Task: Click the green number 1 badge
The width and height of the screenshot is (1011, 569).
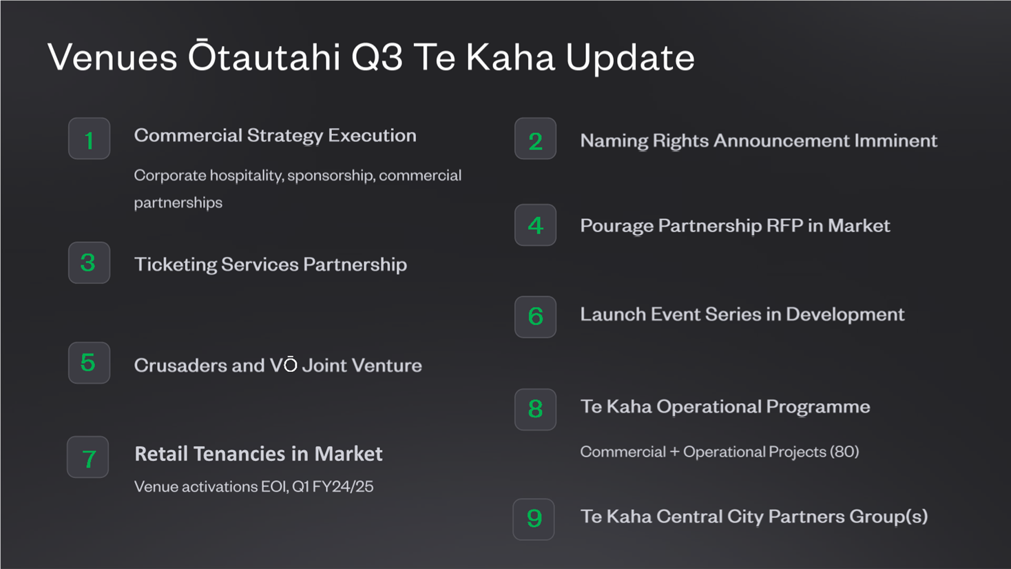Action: (89, 138)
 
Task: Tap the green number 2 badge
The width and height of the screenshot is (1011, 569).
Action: (535, 138)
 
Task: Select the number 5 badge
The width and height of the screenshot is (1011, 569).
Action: (89, 362)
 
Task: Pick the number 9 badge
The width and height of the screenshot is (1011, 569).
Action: (534, 519)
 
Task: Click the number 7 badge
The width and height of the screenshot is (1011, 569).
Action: (88, 457)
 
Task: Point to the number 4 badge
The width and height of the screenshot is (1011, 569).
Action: (535, 225)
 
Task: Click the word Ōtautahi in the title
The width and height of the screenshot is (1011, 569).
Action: (264, 56)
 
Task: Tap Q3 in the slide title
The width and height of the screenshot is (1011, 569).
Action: (377, 57)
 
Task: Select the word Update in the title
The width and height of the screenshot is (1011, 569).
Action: (630, 58)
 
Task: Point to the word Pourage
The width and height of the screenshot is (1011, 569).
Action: (616, 226)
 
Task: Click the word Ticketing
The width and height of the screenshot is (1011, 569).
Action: (176, 265)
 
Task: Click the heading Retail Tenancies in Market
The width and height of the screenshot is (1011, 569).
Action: (259, 454)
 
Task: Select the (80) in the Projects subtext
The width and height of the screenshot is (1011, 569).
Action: (844, 452)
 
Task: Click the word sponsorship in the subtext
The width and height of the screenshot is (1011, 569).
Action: (331, 176)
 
